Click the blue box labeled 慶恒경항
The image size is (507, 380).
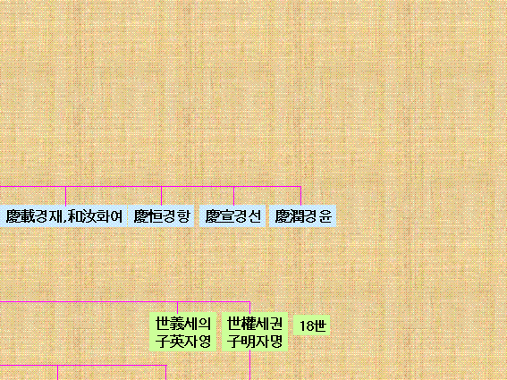[161, 216]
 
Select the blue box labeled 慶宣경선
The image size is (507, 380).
[232, 216]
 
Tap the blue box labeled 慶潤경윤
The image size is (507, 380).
[302, 216]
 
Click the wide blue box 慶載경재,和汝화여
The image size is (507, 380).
[63, 216]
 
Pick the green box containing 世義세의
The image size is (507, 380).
[183, 332]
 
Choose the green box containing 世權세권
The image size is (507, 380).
[255, 332]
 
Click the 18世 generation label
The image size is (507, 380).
[312, 325]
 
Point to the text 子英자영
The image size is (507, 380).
[183, 342]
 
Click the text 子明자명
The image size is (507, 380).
[255, 342]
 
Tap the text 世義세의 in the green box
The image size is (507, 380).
[183, 323]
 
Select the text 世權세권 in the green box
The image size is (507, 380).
[255, 323]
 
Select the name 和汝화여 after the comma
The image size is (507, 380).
[96, 216]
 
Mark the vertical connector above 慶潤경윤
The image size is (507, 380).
[300, 196]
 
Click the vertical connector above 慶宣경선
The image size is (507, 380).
[233, 196]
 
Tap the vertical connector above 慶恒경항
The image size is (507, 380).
[161, 196]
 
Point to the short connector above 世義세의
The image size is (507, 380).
[178, 307]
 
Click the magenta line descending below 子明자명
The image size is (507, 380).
[250, 366]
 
